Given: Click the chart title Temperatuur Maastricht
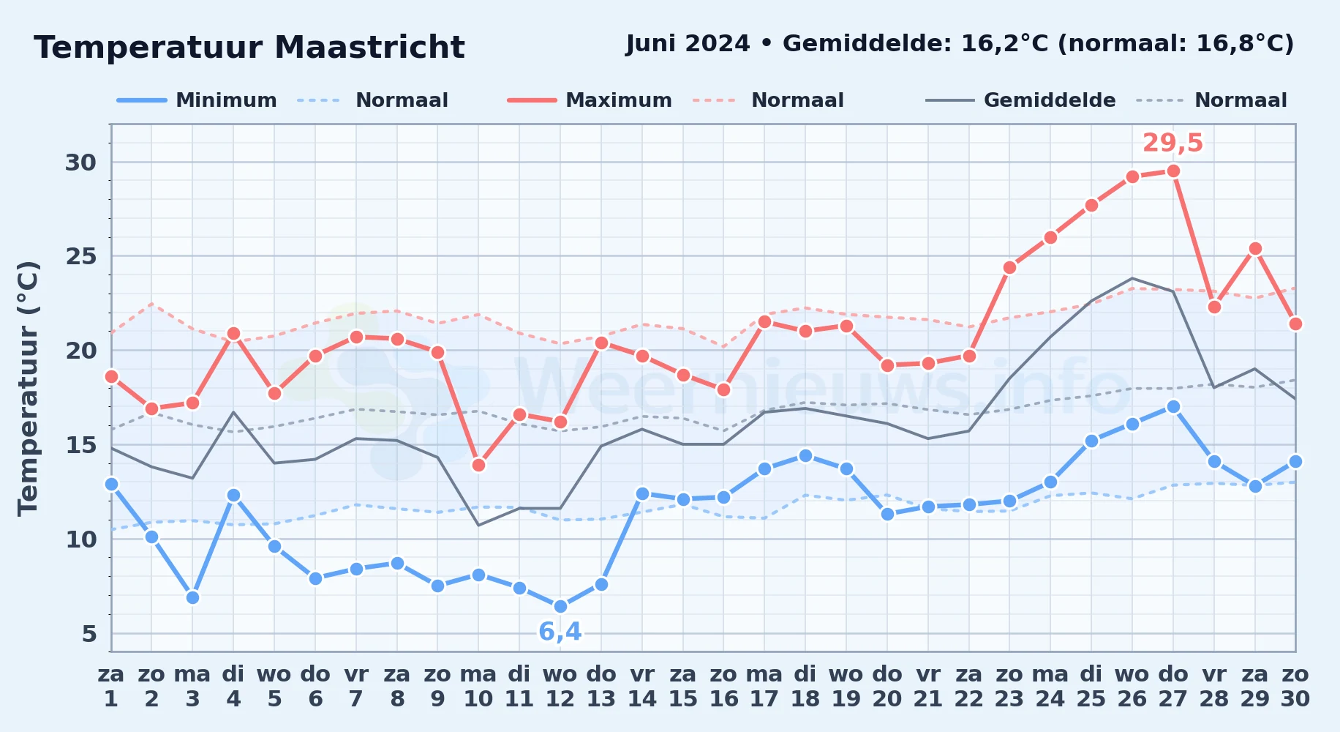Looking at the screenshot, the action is (249, 48).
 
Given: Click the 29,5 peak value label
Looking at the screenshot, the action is (1172, 143).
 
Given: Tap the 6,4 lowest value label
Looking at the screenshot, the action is (560, 632).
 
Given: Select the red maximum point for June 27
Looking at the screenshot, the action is (1173, 171).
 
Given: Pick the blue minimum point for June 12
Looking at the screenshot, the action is (560, 606).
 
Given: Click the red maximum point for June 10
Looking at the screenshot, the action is (478, 465).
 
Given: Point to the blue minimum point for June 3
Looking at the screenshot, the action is (192, 597).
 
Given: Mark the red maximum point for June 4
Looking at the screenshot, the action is (233, 334).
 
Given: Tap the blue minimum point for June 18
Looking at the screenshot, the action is (805, 455).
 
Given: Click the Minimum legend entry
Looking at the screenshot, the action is (197, 100).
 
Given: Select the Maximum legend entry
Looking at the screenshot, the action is (590, 100).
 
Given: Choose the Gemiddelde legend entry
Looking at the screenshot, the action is (1021, 100).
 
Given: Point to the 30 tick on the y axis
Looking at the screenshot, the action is (80, 162).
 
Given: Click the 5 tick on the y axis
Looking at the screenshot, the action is (89, 634).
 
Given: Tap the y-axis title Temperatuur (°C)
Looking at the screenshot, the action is (28, 388).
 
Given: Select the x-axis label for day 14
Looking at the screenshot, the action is (642, 686).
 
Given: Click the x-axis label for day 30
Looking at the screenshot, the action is (1295, 686).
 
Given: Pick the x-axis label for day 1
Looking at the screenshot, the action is (111, 686).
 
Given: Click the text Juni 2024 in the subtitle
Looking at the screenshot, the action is (688, 44).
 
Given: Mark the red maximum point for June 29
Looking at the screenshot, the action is (1255, 249).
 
